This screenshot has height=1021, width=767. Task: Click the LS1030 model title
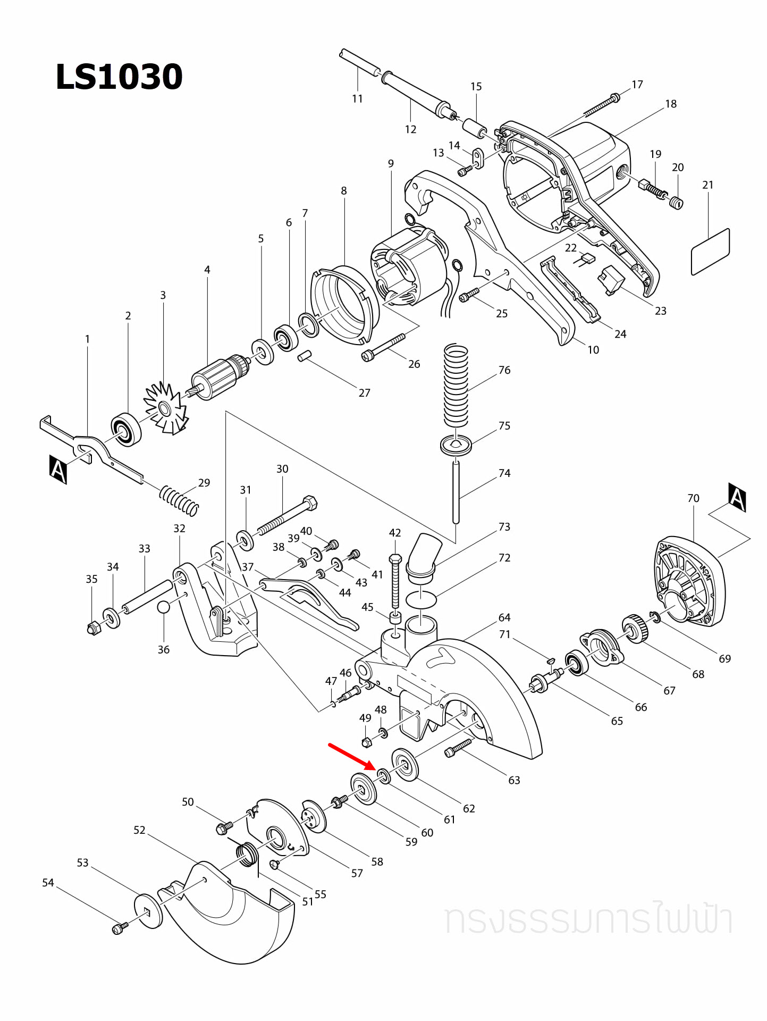(119, 77)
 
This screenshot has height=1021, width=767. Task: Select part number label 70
(693, 498)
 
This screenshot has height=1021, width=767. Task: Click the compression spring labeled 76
(456, 386)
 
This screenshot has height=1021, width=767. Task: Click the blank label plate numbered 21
(710, 252)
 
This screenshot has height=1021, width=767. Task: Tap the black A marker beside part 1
(58, 469)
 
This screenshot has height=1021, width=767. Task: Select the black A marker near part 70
(737, 497)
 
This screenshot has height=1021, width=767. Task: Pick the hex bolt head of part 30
(309, 503)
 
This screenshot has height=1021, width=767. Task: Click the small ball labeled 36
(164, 607)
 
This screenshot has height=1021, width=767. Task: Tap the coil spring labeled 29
(179, 500)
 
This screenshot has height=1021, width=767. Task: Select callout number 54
(48, 883)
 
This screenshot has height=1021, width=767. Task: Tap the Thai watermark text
(589, 920)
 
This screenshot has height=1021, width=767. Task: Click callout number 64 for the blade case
(504, 617)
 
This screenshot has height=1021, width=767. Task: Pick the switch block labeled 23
(611, 280)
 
